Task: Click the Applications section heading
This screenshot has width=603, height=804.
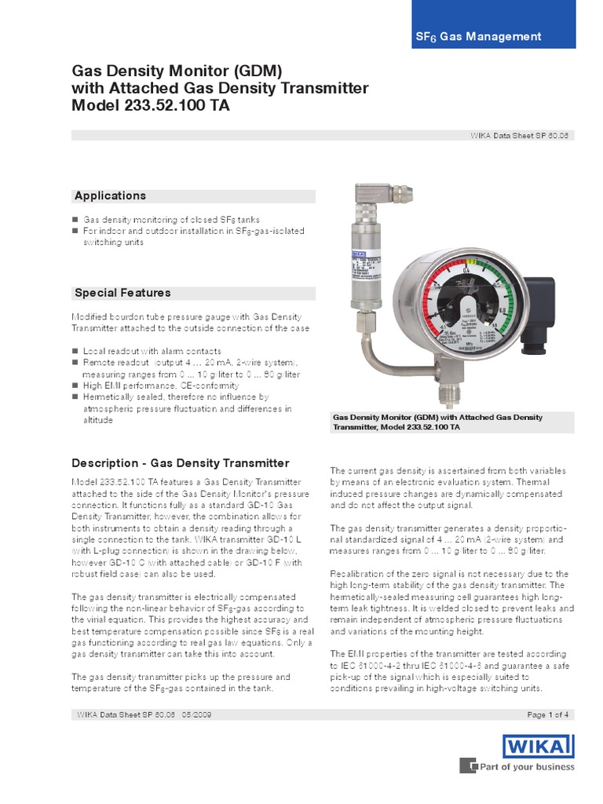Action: point(110,196)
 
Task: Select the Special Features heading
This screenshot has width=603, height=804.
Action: point(122,293)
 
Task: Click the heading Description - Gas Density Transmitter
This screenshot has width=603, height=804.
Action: point(181,463)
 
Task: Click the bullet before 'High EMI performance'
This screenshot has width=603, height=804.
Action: point(75,386)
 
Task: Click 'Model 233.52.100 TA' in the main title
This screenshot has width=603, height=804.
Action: point(151,106)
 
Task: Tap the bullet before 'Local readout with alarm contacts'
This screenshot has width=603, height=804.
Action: point(75,351)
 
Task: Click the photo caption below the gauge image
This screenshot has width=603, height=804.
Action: point(438,422)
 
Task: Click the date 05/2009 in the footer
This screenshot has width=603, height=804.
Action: point(196,714)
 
